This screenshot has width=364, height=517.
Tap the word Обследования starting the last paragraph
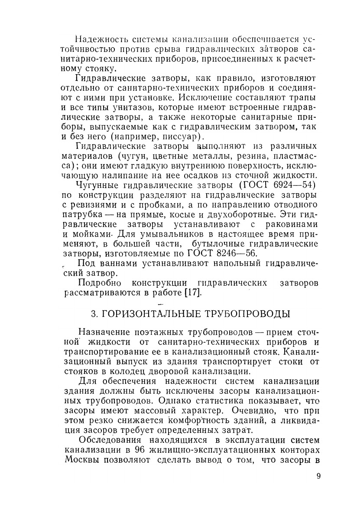[x=108, y=441]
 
